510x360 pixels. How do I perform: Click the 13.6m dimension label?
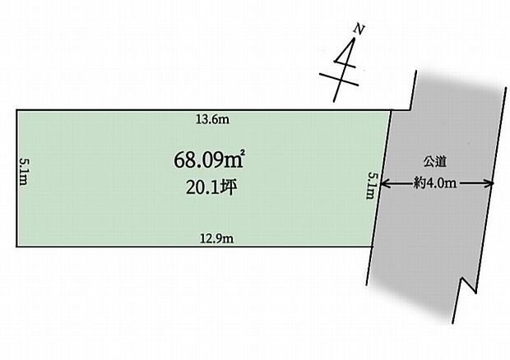click(212, 119)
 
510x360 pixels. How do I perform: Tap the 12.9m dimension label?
click(216, 239)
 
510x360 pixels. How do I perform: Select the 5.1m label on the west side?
click(23, 172)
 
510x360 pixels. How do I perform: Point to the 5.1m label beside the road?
click(372, 186)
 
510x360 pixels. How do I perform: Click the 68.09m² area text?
click(210, 159)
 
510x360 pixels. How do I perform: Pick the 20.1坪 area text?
click(211, 187)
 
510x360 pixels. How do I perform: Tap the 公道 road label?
click(435, 162)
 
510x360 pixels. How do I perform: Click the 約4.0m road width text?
click(435, 183)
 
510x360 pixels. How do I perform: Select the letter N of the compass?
click(359, 30)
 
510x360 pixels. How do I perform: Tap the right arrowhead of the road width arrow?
click(489, 183)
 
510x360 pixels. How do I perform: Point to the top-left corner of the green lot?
click(17, 110)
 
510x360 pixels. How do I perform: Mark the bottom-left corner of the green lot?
click(17, 247)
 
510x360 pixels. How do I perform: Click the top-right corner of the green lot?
click(391, 110)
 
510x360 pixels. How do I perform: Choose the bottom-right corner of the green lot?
click(372, 247)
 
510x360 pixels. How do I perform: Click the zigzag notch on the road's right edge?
click(469, 285)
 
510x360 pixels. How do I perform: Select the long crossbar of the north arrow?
click(339, 80)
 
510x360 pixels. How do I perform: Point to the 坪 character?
click(229, 187)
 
